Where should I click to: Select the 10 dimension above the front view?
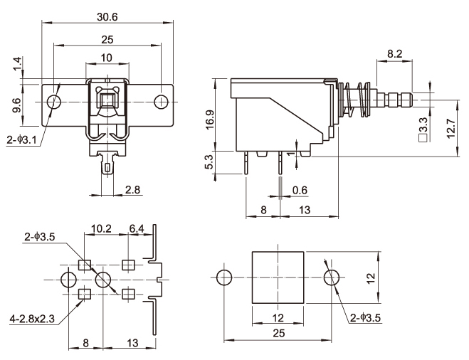point(107,57)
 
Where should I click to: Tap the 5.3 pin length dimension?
point(209,164)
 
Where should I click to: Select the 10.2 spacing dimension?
point(102,229)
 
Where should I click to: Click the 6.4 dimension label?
point(137,229)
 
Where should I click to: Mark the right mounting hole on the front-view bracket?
point(163,102)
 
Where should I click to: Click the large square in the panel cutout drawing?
point(278,276)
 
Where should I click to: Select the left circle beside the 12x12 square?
point(223,276)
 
